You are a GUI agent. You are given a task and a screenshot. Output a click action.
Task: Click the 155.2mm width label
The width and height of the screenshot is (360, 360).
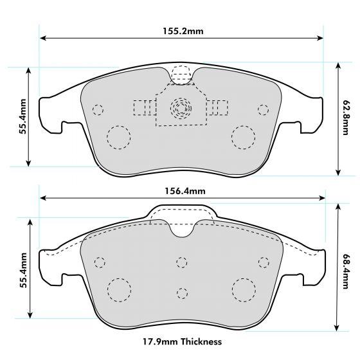(182, 30)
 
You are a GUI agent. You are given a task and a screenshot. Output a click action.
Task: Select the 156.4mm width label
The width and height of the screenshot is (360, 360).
(182, 191)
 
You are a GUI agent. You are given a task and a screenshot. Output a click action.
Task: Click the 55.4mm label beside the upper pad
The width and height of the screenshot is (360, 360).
(23, 116)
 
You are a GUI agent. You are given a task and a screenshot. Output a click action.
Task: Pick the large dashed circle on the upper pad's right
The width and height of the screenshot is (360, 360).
(244, 137)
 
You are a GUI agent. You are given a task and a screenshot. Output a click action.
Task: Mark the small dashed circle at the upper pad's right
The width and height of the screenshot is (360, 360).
(262, 109)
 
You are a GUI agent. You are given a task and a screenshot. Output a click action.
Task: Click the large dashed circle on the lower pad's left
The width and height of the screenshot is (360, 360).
(118, 290)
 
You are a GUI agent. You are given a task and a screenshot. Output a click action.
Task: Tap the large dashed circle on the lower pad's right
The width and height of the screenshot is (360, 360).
(244, 290)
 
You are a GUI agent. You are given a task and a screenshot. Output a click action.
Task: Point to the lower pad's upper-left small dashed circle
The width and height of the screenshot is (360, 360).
(99, 262)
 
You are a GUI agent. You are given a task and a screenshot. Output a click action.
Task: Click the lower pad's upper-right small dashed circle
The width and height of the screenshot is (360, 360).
(262, 261)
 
